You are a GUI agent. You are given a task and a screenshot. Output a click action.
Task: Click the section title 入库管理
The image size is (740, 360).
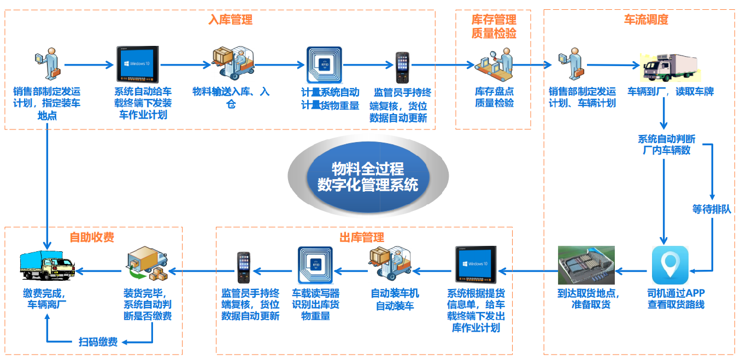(230, 20)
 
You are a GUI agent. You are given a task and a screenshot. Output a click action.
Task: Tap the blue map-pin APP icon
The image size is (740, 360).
(670, 265)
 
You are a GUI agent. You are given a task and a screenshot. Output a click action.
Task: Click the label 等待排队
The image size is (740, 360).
(711, 209)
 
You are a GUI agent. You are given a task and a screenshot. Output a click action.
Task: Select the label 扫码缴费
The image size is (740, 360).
(98, 342)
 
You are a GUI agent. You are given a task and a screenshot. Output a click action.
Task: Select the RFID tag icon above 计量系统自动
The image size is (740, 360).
(324, 64)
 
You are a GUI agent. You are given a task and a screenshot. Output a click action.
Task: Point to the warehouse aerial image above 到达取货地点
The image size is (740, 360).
(586, 265)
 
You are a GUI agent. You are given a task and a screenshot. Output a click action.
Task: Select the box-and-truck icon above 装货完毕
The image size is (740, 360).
(146, 265)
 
